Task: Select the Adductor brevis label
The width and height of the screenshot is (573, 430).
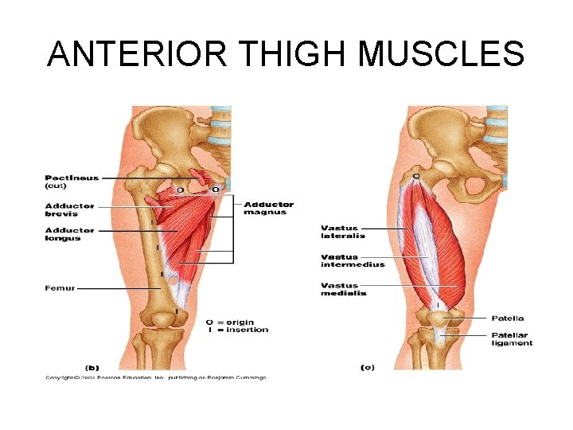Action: click(69, 210)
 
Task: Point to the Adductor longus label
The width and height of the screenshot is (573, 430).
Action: click(69, 234)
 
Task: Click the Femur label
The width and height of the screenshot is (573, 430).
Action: click(60, 288)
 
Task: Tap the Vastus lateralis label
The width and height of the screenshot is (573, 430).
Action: click(343, 232)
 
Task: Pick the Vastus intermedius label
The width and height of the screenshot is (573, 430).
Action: click(353, 260)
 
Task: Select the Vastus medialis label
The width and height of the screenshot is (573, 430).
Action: click(344, 289)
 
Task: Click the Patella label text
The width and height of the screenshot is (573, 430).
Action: click(508, 319)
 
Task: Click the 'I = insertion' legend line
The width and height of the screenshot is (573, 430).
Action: click(237, 330)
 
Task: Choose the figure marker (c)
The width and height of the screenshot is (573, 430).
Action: click(367, 368)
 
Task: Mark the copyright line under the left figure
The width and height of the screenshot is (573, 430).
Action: click(155, 377)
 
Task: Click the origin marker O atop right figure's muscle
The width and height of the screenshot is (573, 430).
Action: click(415, 174)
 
